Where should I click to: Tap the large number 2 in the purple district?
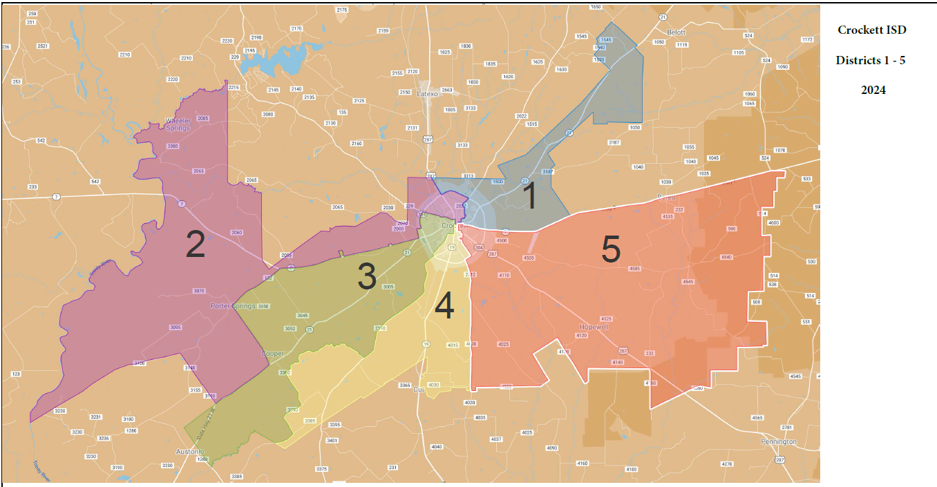click(x=196, y=245)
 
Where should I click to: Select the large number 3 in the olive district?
click(x=366, y=276)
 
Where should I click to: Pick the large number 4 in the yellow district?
click(x=444, y=306)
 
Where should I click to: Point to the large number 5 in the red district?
click(x=610, y=249)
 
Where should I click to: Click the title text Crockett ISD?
click(x=871, y=30)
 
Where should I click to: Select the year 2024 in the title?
click(x=873, y=90)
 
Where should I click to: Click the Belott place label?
click(x=675, y=32)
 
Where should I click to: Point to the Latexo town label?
click(x=428, y=94)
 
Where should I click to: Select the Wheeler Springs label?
click(x=178, y=124)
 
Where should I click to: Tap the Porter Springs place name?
click(x=232, y=305)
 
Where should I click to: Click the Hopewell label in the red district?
click(x=594, y=327)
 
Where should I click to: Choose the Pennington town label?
click(x=779, y=441)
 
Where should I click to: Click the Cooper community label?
click(x=272, y=354)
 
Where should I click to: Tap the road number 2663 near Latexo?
click(x=447, y=90)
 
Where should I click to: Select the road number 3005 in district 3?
click(x=388, y=287)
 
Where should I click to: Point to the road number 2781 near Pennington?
click(x=786, y=428)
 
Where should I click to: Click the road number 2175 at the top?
click(x=341, y=10)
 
